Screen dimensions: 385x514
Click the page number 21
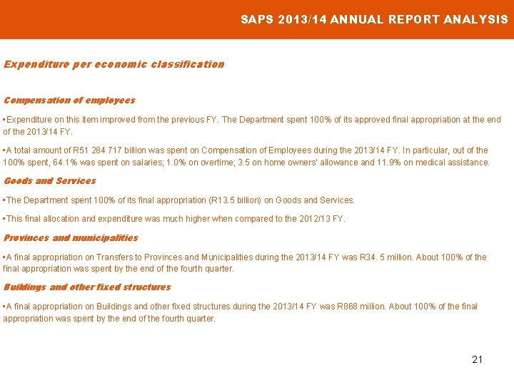point(477,359)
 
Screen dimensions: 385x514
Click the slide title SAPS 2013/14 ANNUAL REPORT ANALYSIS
point(374,19)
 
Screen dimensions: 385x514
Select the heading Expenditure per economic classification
point(114,64)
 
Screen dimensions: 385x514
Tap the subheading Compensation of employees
point(69,101)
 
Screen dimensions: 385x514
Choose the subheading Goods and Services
point(50,181)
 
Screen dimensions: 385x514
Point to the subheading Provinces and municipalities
point(71,238)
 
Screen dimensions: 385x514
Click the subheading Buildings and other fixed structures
point(87,287)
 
